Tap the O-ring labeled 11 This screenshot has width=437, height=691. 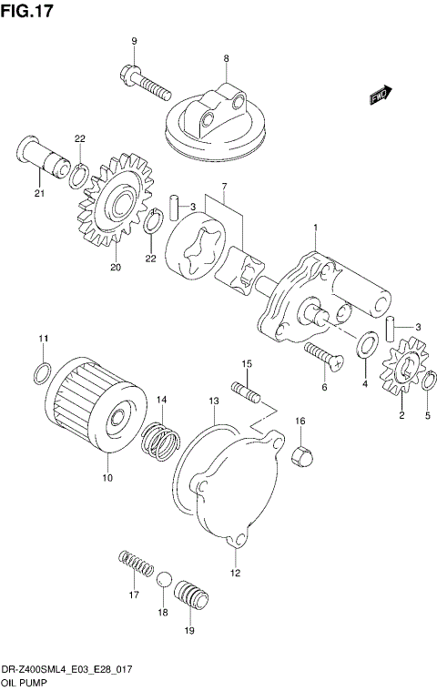point(42,371)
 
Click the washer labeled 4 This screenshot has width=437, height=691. point(369,346)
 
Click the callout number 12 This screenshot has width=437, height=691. point(235,573)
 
